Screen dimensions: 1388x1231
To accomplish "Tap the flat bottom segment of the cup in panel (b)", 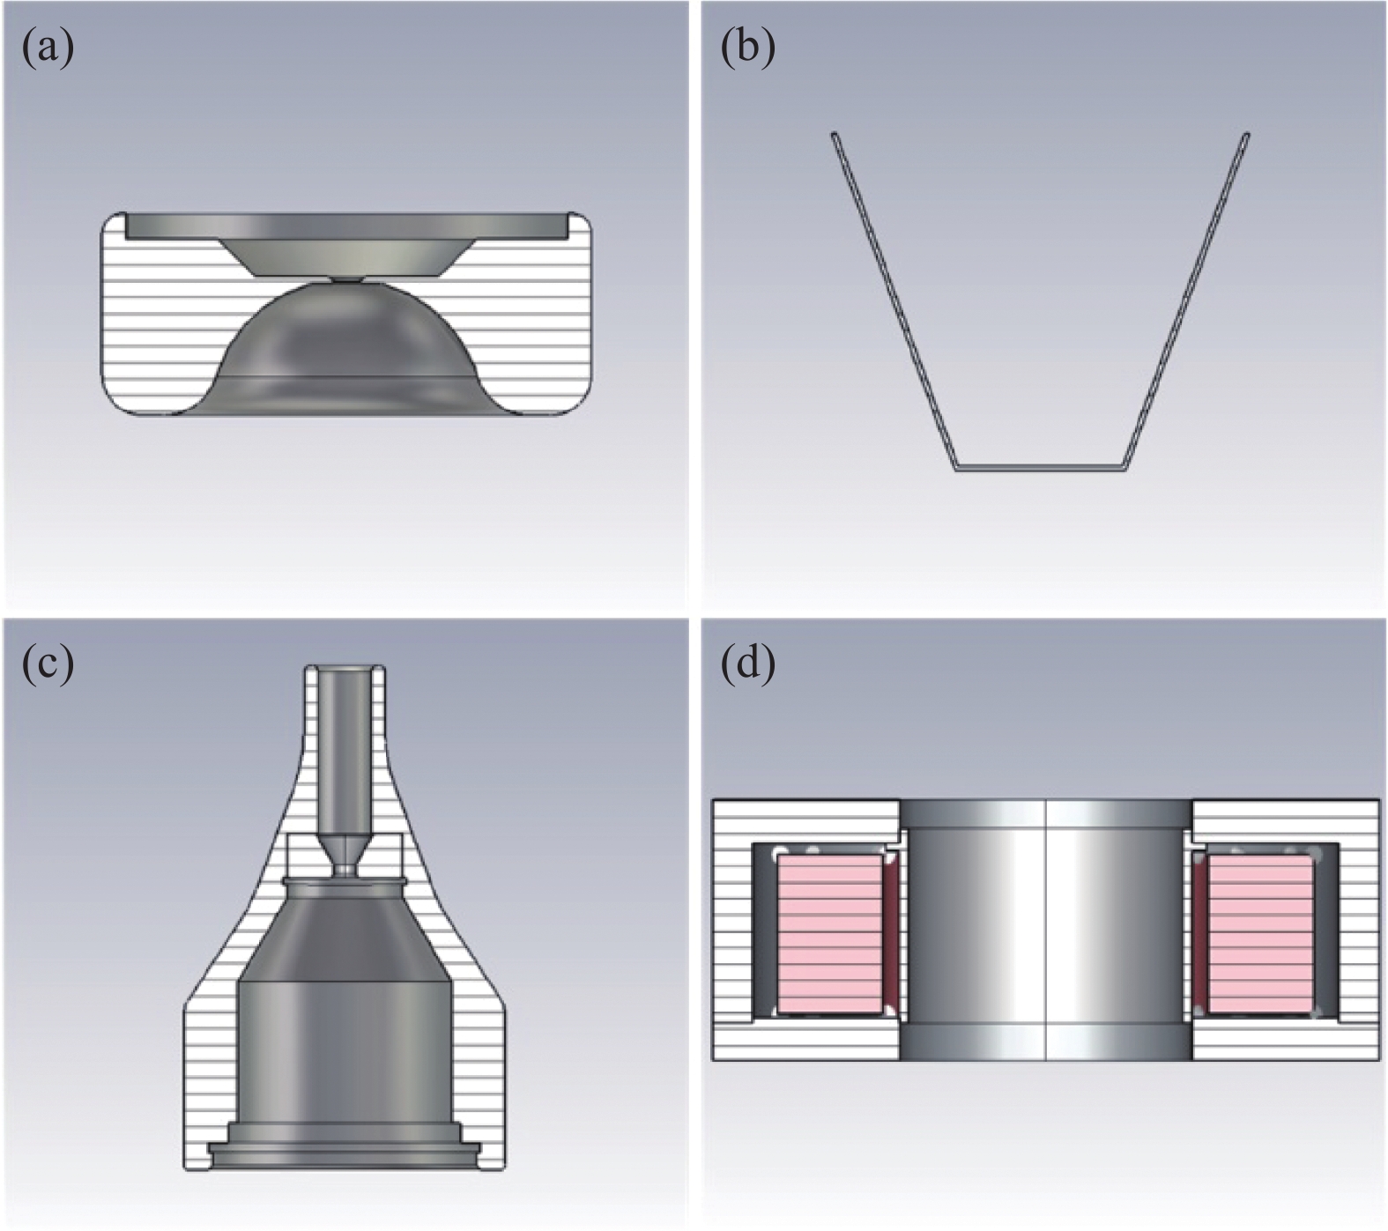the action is coord(1041,468).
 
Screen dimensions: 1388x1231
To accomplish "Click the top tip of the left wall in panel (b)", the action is coord(835,135).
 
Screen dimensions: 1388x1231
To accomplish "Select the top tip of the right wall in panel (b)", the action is coord(1246,136).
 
